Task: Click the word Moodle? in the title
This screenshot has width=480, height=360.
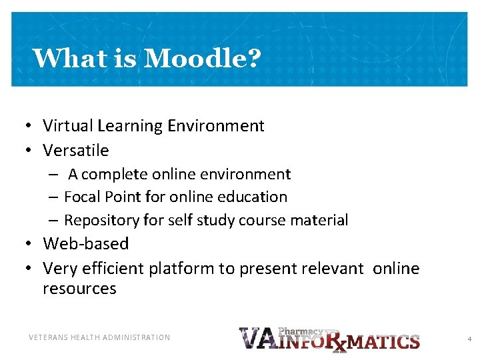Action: pos(202,59)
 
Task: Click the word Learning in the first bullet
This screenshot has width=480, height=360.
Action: pos(130,126)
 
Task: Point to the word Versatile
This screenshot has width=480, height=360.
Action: pos(75,150)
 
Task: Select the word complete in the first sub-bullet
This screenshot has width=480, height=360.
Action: pos(114,175)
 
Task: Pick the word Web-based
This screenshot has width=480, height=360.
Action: pos(85,244)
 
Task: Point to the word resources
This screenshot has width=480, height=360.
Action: pos(79,289)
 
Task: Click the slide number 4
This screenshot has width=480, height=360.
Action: pos(469,339)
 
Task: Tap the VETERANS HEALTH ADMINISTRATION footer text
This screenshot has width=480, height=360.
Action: pos(99,338)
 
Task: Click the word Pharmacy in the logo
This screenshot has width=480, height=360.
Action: pos(299,331)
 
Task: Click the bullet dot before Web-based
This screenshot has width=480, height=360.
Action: pos(31,245)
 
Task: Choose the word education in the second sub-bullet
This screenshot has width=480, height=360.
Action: pos(256,197)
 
